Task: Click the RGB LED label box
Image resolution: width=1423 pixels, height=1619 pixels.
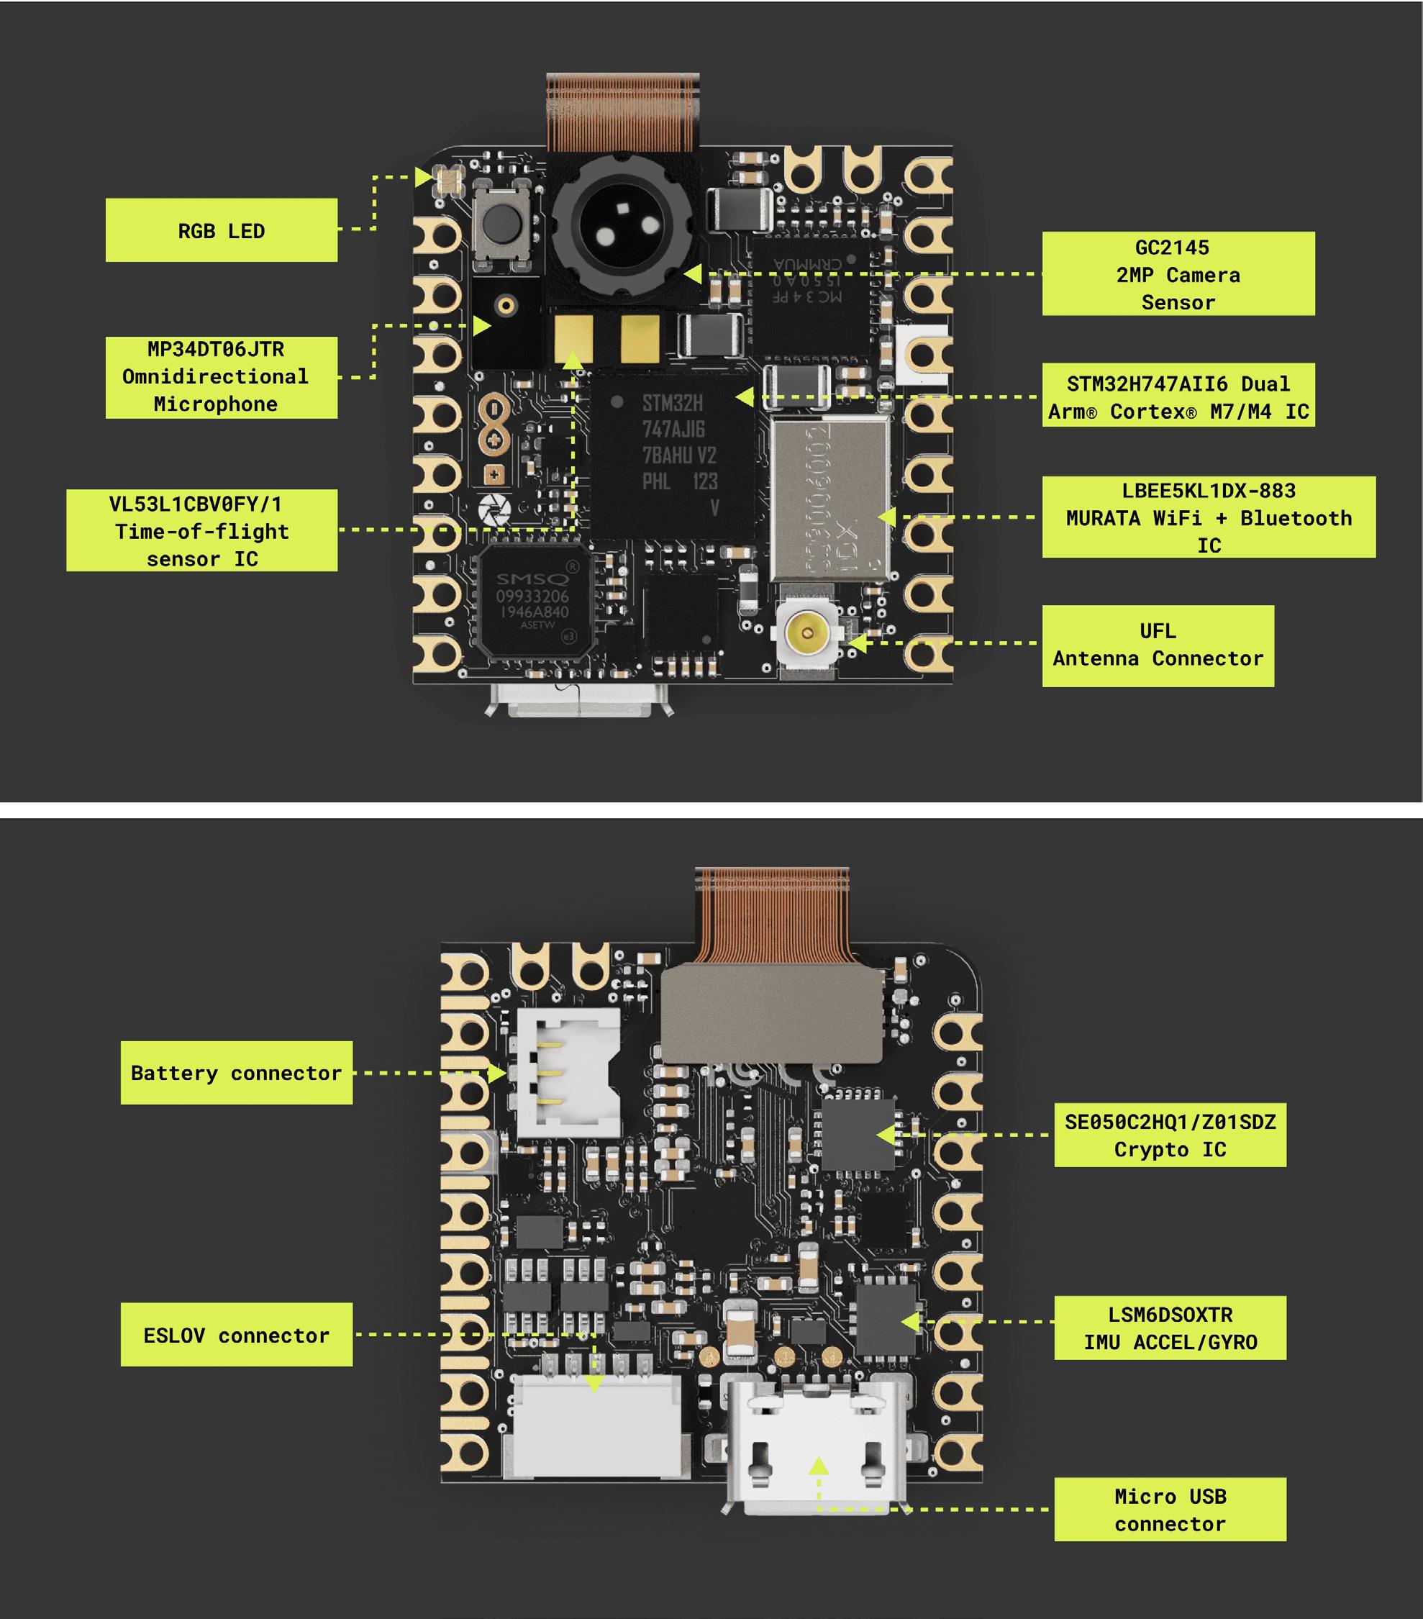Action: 221,230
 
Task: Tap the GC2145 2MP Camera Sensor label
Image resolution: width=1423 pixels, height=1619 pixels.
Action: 1178,274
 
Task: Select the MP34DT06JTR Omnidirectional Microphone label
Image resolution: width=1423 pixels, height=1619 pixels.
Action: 221,377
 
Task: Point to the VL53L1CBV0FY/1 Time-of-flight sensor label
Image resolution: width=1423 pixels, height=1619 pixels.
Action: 202,531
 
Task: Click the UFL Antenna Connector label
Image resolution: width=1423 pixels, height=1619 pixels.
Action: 1157,645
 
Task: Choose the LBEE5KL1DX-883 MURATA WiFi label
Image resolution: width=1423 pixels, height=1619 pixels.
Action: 1208,517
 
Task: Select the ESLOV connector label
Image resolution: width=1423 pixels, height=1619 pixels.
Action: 236,1335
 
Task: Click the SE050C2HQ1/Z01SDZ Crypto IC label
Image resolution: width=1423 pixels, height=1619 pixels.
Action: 1170,1135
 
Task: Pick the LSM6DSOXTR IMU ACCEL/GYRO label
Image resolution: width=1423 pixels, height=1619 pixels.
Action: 1170,1328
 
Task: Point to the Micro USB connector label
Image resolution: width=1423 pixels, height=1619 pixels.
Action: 1170,1510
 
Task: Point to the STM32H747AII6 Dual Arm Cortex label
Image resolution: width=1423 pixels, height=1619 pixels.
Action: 1178,396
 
